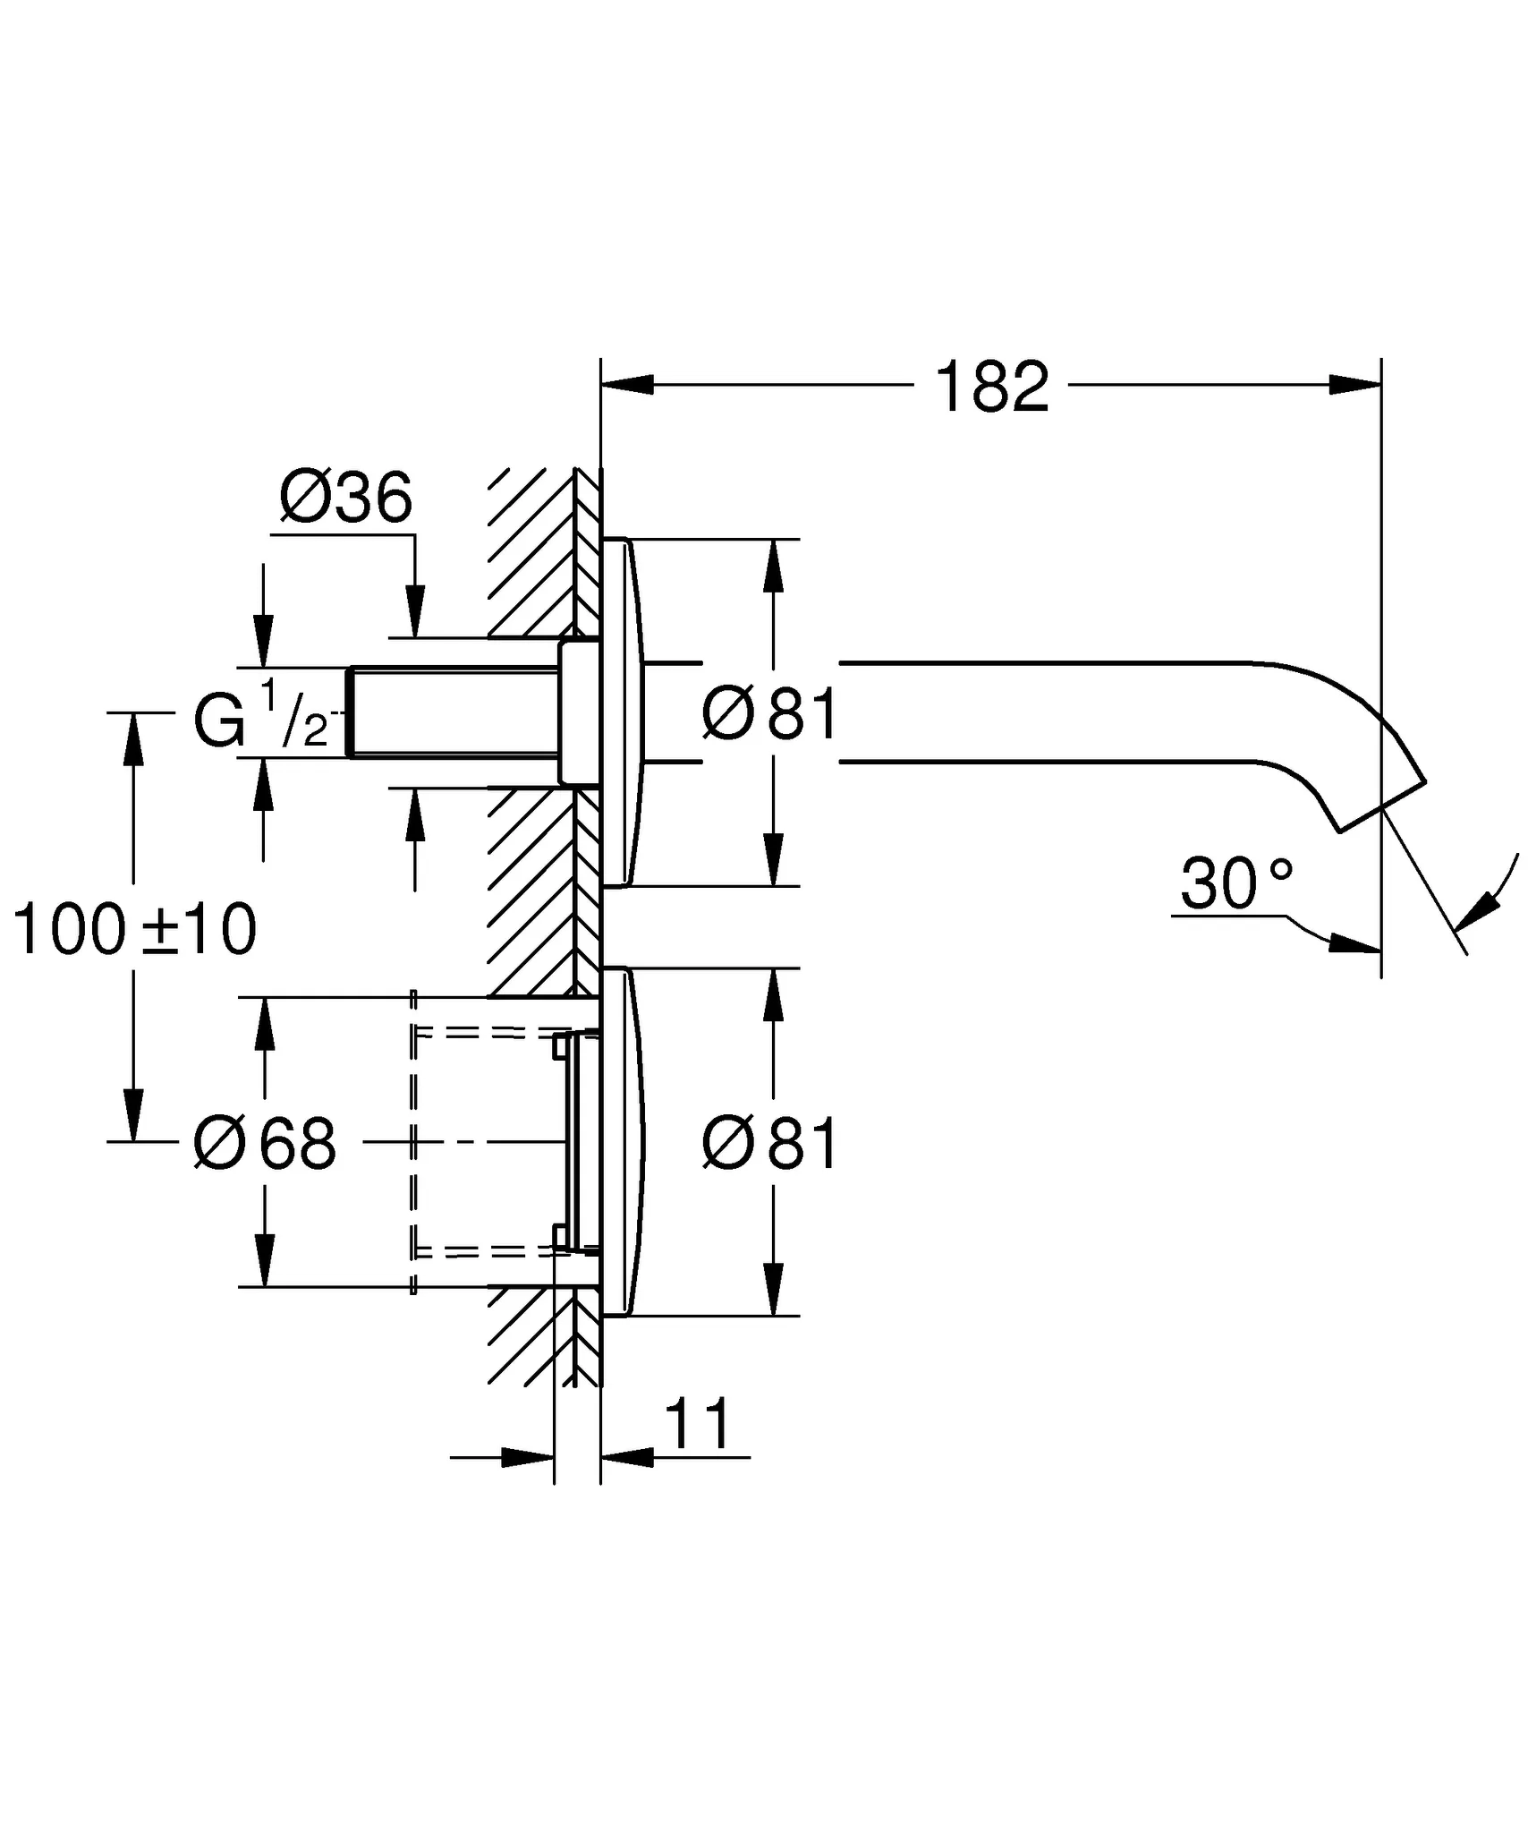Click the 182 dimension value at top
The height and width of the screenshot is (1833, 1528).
(x=991, y=388)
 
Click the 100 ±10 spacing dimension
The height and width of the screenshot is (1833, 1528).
(x=134, y=930)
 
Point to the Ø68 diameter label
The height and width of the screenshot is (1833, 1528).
(x=265, y=1143)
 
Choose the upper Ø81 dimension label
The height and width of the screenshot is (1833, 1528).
(x=770, y=713)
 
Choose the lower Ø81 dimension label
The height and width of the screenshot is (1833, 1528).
(x=770, y=1143)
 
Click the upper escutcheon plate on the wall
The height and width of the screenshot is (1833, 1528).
(x=624, y=712)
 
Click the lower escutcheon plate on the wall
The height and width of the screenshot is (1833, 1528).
(x=624, y=1142)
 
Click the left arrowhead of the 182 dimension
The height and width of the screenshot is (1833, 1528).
(x=626, y=385)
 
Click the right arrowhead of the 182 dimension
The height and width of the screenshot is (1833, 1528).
(x=1355, y=385)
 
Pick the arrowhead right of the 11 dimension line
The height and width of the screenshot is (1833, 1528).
(x=626, y=1457)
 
